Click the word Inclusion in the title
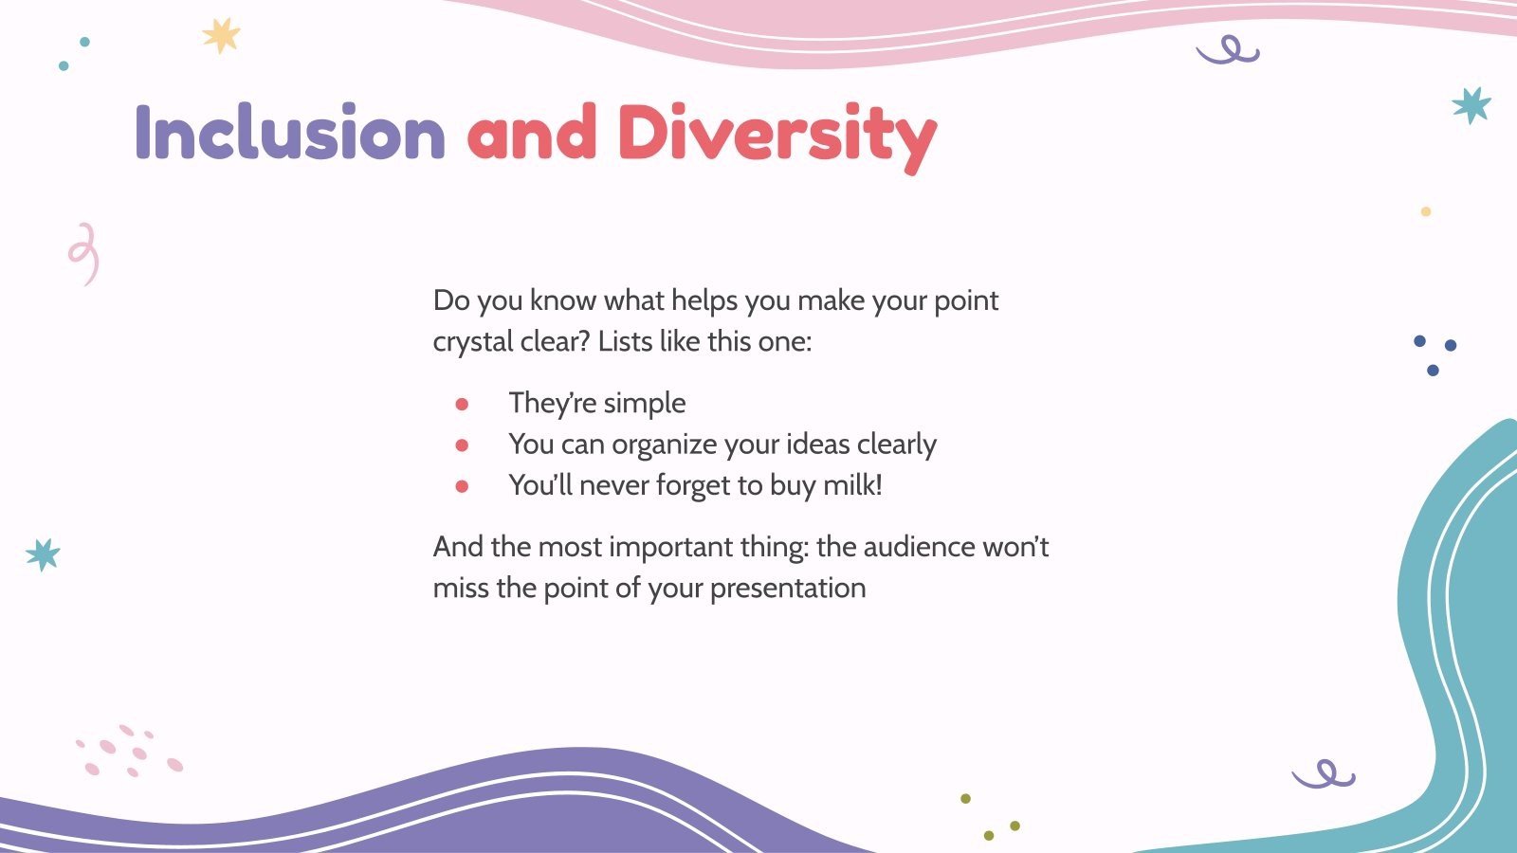289,133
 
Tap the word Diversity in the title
777,135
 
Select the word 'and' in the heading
531,133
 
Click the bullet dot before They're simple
462,405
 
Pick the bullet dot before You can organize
462,445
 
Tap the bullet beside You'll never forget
462,486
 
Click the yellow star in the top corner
221,36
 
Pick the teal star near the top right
1471,105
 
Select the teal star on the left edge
43,554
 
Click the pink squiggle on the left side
84,254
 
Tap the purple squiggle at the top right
1229,51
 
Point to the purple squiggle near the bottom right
1324,774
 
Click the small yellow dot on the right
1425,211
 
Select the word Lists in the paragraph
625,341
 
